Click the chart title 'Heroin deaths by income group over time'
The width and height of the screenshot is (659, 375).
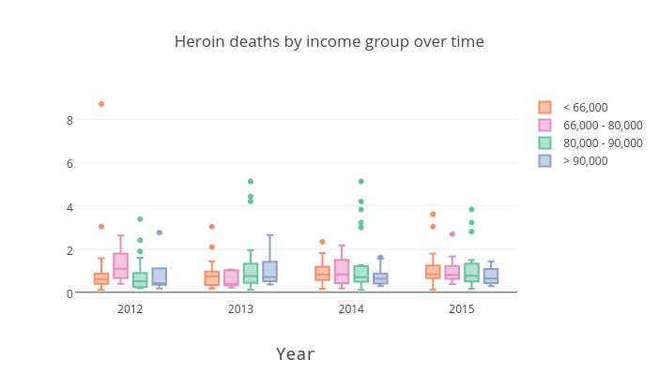click(329, 42)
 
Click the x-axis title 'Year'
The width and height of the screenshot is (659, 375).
click(295, 354)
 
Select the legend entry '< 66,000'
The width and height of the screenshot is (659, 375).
click(585, 108)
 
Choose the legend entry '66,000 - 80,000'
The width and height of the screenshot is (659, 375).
click(602, 126)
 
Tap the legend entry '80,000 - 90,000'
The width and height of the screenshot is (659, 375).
click(602, 143)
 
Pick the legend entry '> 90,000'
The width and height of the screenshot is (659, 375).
click(585, 161)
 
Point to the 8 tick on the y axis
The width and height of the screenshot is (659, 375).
click(69, 120)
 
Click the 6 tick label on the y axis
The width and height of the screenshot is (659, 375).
click(69, 163)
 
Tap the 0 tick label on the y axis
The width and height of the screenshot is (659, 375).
click(69, 293)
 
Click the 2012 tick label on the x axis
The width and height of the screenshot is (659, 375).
click(130, 309)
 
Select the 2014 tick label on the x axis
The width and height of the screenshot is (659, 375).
click(351, 309)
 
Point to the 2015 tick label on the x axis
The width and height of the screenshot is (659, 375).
click(461, 309)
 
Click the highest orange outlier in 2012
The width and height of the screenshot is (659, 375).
click(101, 104)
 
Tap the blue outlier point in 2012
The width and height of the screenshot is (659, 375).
click(160, 232)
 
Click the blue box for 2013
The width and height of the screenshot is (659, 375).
click(269, 272)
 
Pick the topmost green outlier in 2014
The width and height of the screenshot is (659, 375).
click(361, 182)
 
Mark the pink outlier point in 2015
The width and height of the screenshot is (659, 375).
click(452, 234)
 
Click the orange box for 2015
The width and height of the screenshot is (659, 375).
click(433, 272)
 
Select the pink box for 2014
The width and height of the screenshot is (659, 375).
click(342, 272)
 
